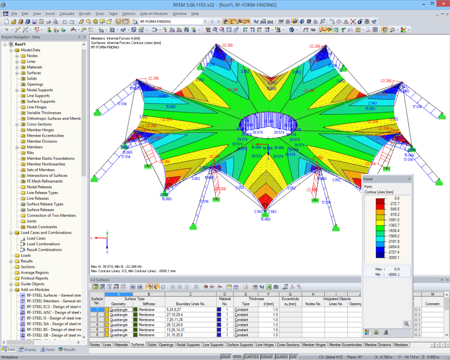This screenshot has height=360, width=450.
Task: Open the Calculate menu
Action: point(67,13)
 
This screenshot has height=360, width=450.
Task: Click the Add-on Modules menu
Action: point(154,13)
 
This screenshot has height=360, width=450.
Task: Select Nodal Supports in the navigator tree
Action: point(40,90)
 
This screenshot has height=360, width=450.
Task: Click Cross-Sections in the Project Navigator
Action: point(39,124)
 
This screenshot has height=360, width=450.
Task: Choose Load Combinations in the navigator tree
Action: point(43,244)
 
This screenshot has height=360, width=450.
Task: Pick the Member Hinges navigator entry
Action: point(40,130)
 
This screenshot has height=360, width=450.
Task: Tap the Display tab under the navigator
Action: point(28,349)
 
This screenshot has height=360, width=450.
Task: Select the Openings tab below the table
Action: point(166,345)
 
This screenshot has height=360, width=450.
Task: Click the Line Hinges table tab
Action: point(265,345)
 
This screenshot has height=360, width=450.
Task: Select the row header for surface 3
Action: point(97,319)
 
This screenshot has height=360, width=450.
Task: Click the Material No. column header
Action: point(225,301)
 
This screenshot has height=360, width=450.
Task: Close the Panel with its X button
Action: point(409,179)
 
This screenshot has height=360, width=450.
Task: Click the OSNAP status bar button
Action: point(267,357)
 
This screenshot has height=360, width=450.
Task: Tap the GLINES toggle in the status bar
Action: point(282,357)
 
